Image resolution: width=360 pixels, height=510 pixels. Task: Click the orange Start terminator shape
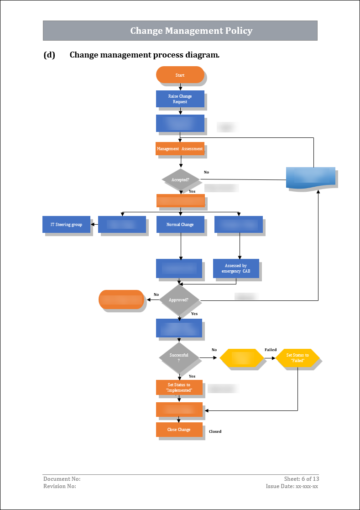180,75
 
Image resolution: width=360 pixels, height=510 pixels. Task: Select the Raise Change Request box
180,99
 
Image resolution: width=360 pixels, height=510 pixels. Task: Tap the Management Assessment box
180,149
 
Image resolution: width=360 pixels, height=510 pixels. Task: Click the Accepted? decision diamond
181,179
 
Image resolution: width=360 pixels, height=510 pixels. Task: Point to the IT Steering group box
66,225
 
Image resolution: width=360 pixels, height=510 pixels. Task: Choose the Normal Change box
180,225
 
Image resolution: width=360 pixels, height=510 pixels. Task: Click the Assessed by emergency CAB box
236,268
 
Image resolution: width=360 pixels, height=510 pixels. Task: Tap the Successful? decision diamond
179,358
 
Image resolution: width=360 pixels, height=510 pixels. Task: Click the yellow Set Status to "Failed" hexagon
297,358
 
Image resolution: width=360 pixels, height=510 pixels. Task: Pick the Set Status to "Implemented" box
179,388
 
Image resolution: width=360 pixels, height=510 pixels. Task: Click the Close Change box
179,430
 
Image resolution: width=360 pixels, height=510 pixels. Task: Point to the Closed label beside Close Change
215,431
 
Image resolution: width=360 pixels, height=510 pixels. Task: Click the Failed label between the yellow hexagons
271,350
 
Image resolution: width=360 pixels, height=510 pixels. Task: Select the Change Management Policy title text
191,31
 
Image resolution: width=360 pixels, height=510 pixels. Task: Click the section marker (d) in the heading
49,55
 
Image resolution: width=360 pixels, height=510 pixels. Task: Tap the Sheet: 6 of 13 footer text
301,479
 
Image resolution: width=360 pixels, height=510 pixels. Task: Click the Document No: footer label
62,479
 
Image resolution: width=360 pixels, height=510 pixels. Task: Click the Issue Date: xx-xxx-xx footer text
292,486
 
